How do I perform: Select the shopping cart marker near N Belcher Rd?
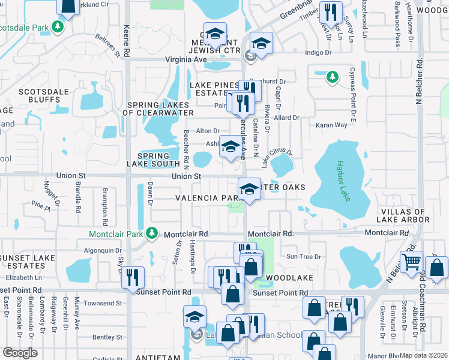click(411, 262)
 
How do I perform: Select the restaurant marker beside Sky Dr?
click(133, 277)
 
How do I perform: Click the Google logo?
click(20, 352)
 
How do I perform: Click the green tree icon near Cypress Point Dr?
click(332, 77)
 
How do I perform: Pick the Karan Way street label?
click(332, 125)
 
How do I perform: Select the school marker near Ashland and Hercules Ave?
click(231, 148)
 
